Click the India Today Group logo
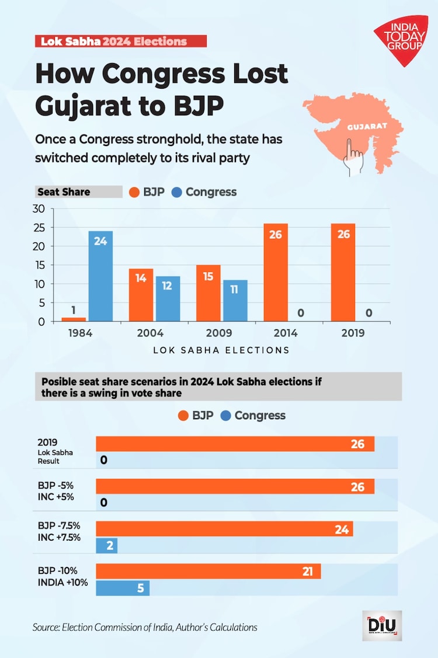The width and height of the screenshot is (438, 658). tap(401, 40)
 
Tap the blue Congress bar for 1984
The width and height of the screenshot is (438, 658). tap(100, 276)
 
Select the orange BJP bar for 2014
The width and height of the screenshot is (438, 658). tap(276, 273)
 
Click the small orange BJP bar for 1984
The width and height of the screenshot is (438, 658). tap(73, 319)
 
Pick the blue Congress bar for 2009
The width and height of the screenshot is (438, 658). tap(235, 301)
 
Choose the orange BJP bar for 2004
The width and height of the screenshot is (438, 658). tap(141, 295)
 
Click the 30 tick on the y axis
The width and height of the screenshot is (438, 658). tap(38, 209)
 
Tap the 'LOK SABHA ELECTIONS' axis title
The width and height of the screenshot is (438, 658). tap(221, 350)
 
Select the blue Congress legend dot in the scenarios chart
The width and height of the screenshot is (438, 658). tap(225, 416)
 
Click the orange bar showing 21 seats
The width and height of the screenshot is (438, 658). tap(208, 572)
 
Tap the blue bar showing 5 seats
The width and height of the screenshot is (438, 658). tap(123, 588)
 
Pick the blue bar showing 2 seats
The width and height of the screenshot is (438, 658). tap(107, 545)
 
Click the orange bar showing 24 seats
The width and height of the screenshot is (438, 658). tap(224, 529)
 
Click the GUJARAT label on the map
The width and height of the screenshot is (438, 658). tap(367, 126)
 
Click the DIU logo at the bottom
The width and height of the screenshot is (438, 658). tap(382, 626)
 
